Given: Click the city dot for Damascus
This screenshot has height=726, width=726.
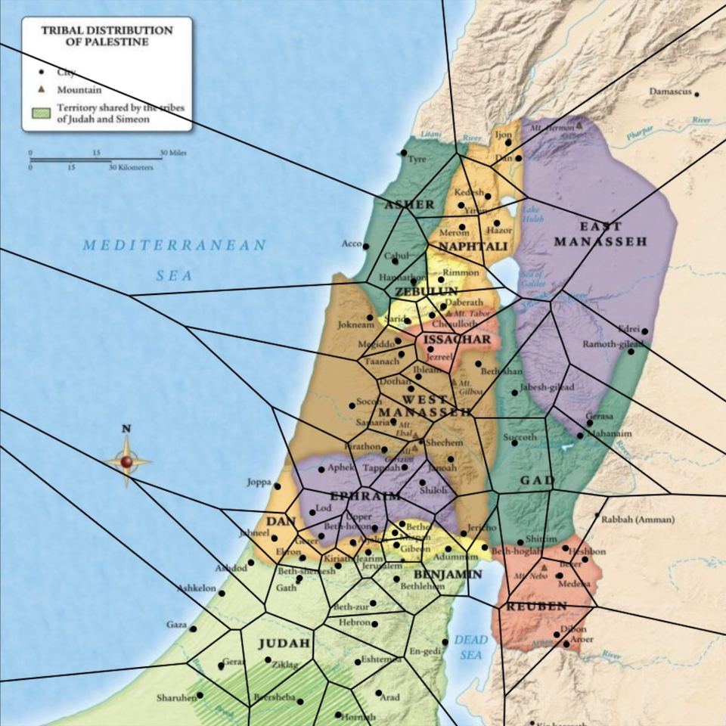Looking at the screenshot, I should pyautogui.click(x=697, y=95).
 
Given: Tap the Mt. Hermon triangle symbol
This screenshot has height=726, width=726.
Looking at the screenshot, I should pyautogui.click(x=579, y=126).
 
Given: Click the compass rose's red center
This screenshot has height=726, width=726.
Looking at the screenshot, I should pyautogui.click(x=126, y=461).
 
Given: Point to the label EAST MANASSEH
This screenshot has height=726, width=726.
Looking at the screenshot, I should pyautogui.click(x=600, y=234).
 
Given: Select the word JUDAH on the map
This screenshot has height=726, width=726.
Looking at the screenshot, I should pyautogui.click(x=284, y=644).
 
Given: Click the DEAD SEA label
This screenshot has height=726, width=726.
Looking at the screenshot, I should pyautogui.click(x=471, y=647).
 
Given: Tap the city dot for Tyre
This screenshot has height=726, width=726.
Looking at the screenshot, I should pyautogui.click(x=404, y=153).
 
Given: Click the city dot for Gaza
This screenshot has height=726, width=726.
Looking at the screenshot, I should pyautogui.click(x=193, y=628).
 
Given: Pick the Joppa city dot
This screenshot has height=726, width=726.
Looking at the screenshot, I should pyautogui.click(x=278, y=486).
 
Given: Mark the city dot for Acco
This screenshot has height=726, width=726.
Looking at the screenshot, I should pyautogui.click(x=366, y=246).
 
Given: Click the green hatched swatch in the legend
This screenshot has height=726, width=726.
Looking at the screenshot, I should pyautogui.click(x=41, y=113).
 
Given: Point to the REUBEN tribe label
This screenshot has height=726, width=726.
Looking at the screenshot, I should pyautogui.click(x=536, y=607).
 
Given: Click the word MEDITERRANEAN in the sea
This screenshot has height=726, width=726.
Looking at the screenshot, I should pyautogui.click(x=175, y=246).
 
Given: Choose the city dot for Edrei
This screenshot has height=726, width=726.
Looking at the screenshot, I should pyautogui.click(x=645, y=330).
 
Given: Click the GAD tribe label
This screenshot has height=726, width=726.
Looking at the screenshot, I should pyautogui.click(x=537, y=480).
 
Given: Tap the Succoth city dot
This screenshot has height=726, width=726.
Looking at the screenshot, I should pyautogui.click(x=515, y=443).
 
